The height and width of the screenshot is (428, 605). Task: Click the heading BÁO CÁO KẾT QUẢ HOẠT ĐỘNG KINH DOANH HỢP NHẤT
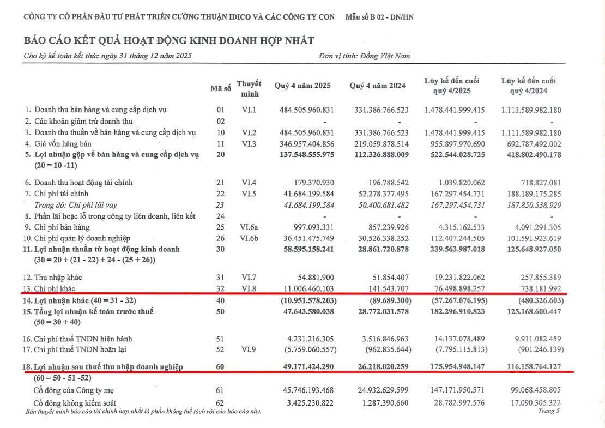(x=169, y=40)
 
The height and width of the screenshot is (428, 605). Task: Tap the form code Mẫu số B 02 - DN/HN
(x=379, y=17)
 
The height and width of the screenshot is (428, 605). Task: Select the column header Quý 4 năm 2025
(x=302, y=86)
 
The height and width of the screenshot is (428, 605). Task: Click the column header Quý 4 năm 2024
(x=377, y=86)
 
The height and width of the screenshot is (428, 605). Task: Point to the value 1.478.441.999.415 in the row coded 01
(x=455, y=110)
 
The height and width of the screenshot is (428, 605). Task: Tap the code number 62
(x=220, y=403)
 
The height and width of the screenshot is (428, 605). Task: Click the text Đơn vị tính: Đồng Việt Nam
(x=365, y=56)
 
